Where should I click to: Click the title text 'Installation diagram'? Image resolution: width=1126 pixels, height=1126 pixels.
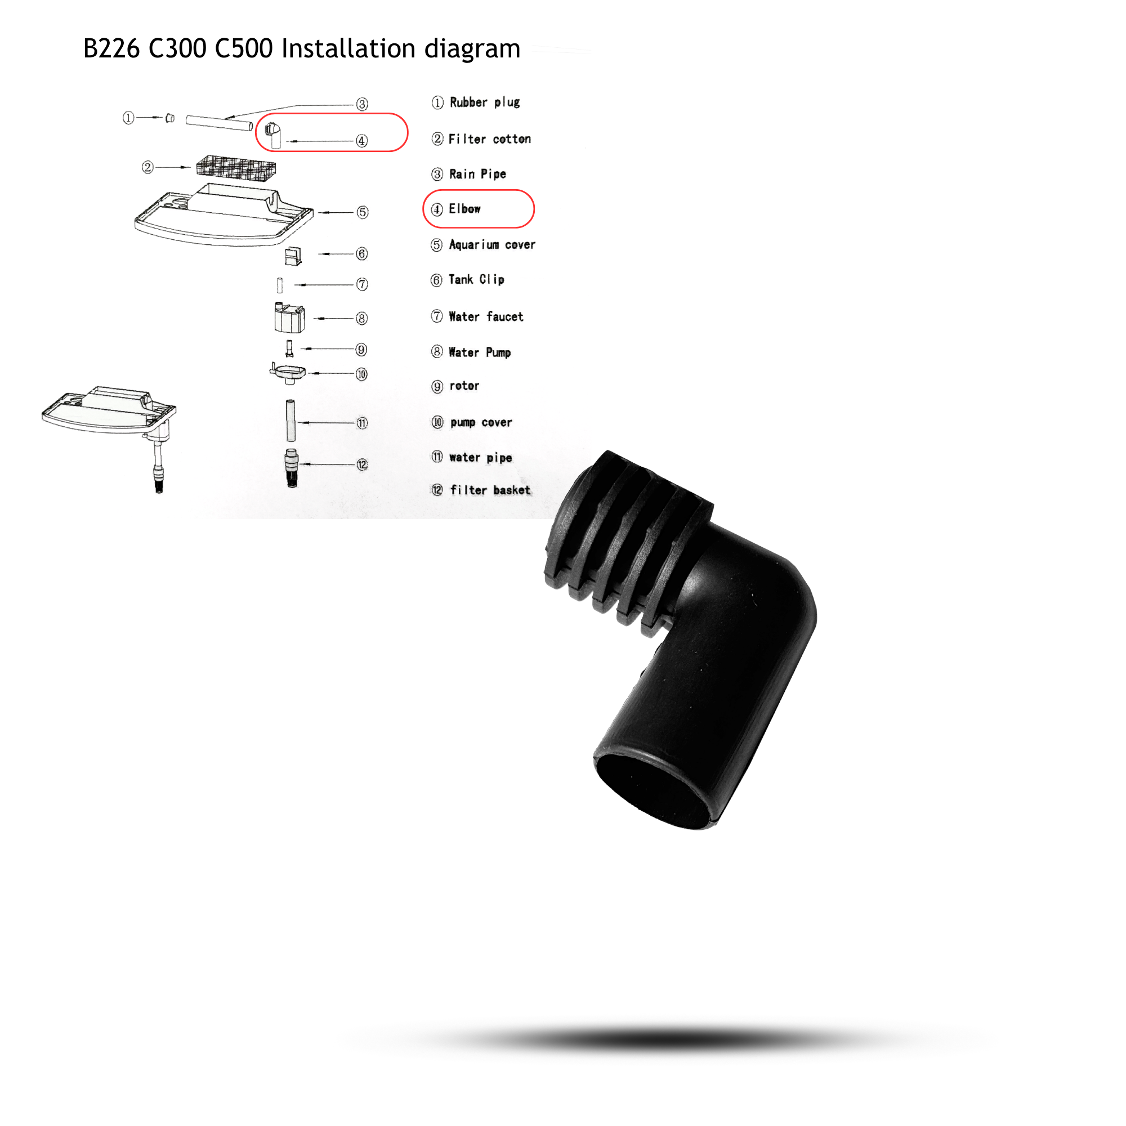[401, 49]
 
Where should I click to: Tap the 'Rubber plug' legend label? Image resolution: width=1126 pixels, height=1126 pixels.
[484, 102]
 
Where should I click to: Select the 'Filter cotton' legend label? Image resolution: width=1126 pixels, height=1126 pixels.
[490, 139]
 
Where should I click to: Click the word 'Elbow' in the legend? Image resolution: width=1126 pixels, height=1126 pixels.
[464, 209]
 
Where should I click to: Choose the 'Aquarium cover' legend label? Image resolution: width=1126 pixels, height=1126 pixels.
[492, 245]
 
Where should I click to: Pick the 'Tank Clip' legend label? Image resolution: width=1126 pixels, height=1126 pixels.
[476, 280]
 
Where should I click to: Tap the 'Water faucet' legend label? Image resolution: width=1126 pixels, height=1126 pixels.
[486, 316]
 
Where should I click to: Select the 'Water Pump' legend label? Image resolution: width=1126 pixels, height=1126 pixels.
[480, 352]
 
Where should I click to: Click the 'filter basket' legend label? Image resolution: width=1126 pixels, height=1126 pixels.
[490, 490]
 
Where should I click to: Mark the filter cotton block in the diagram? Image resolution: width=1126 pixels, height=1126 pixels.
[236, 168]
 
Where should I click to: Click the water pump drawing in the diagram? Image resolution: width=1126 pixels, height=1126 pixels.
[289, 318]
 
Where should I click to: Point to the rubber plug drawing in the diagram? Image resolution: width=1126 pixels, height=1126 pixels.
[169, 118]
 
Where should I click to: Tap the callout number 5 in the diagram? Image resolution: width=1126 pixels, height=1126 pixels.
[363, 212]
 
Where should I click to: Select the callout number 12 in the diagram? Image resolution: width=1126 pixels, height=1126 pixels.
[363, 464]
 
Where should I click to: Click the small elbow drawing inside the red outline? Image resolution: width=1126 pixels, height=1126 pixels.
[274, 136]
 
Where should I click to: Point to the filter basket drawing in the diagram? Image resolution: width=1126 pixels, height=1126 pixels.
[292, 468]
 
